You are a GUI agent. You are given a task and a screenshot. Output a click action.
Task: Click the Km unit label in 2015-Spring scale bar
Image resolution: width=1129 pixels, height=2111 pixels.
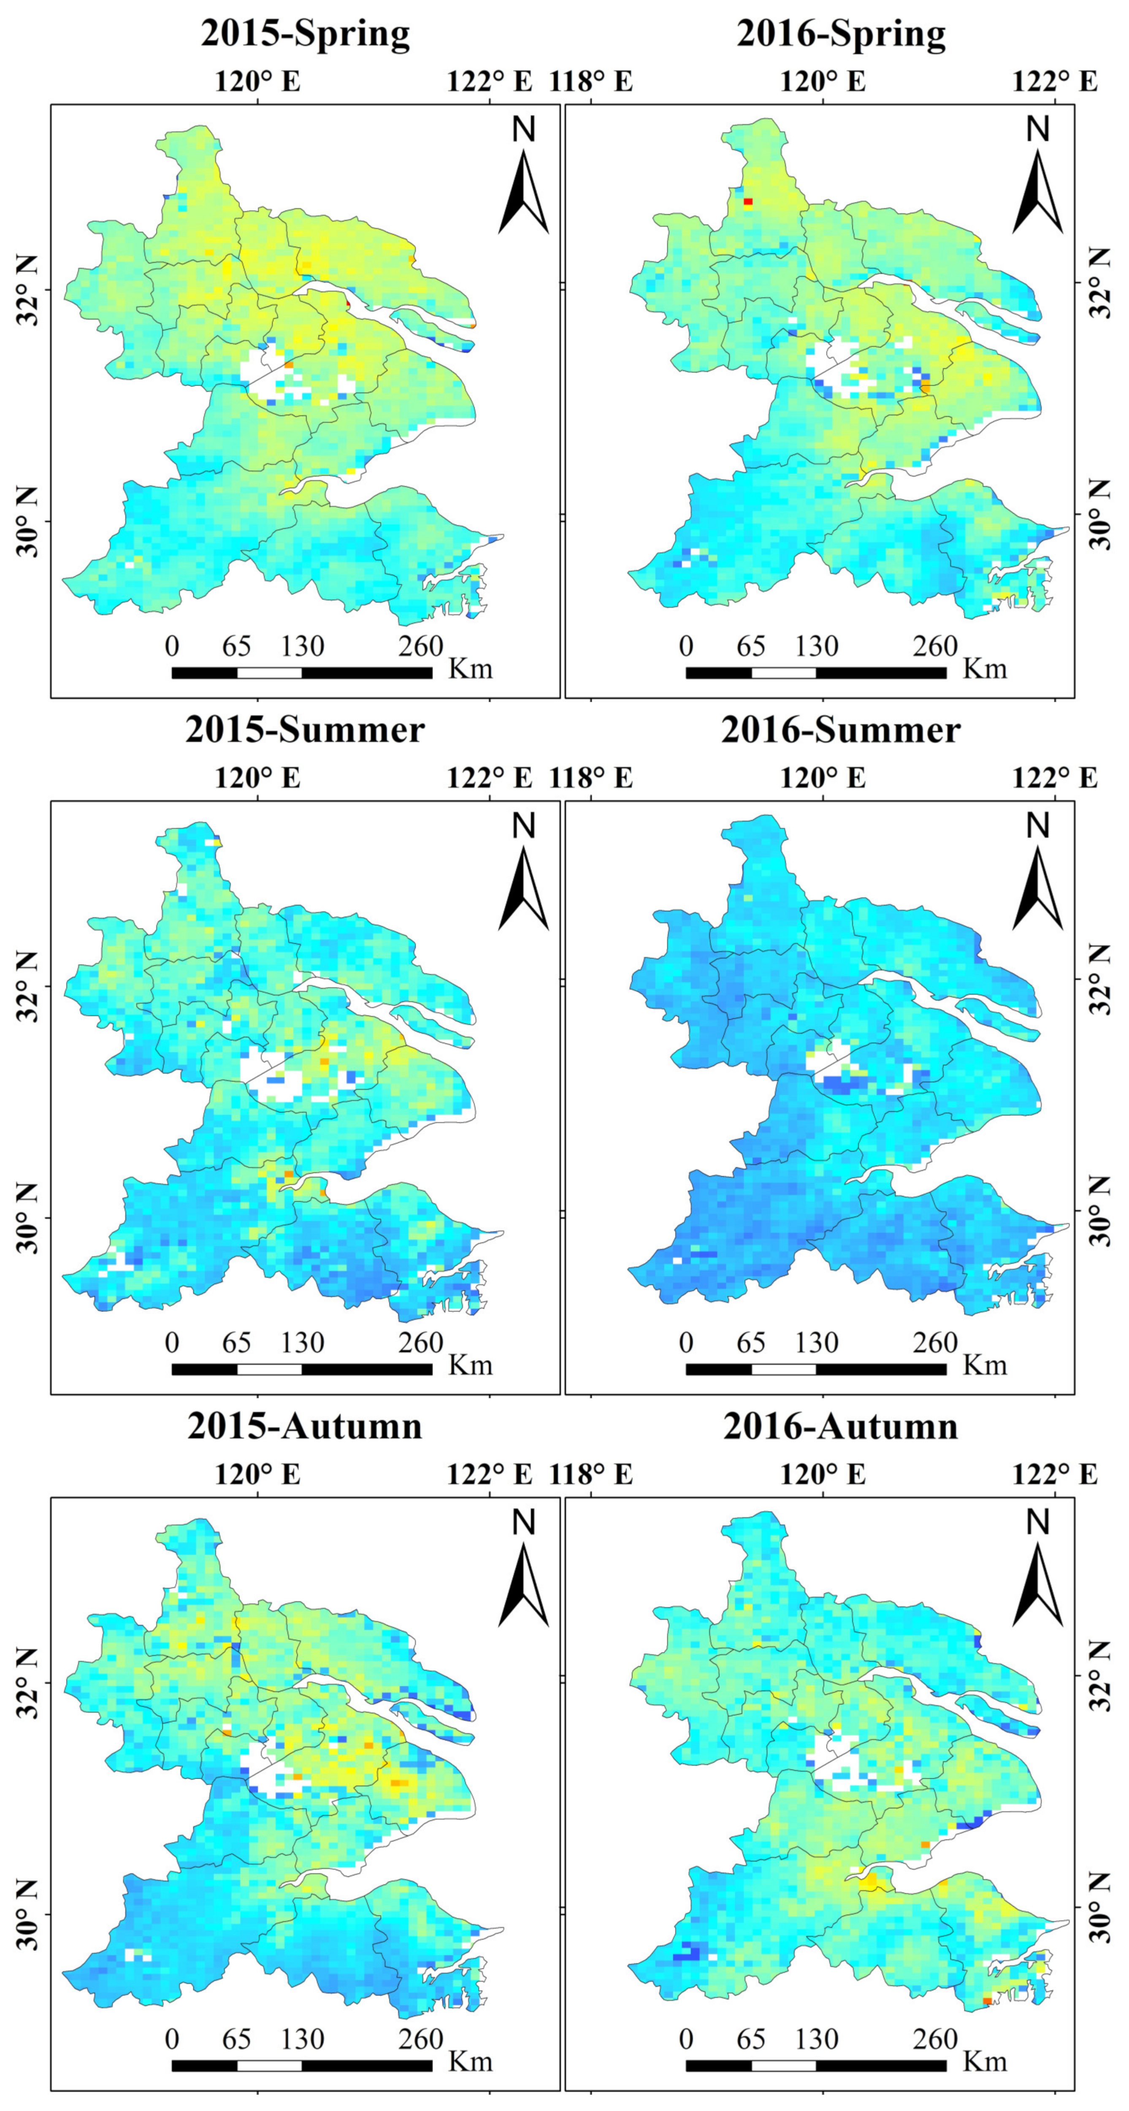click(470, 670)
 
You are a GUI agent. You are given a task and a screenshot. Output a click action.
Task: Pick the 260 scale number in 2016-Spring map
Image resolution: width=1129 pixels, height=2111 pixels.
click(935, 646)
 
